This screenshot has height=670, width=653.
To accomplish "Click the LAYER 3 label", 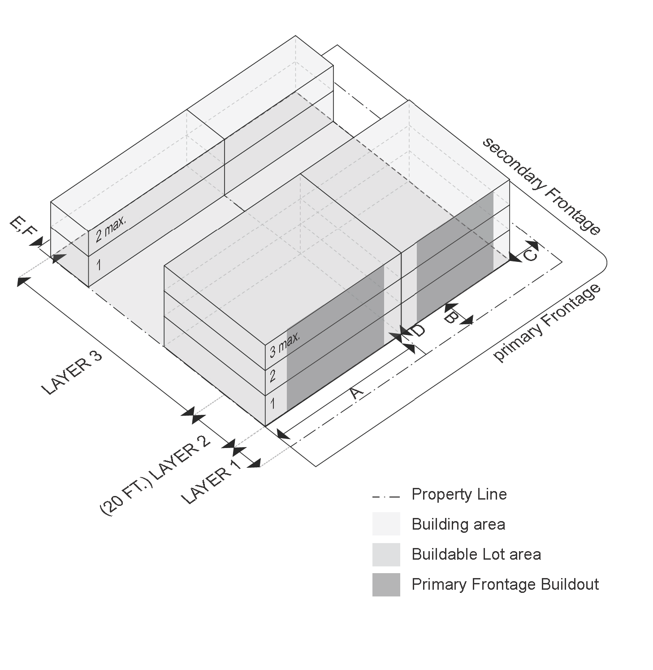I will (x=72, y=372).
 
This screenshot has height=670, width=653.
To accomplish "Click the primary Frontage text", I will (x=547, y=322).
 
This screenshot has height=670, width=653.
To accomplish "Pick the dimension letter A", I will (x=356, y=392).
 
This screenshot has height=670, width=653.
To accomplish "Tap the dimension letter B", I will (x=450, y=318).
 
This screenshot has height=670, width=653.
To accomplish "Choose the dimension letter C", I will (x=529, y=255).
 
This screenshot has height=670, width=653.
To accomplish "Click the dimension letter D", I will (x=418, y=331).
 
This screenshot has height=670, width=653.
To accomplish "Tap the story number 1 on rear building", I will (x=99, y=265).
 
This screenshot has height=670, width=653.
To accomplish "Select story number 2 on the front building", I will (x=272, y=376).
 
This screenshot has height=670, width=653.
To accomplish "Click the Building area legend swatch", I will (x=386, y=524).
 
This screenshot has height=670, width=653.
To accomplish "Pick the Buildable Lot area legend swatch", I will (x=386, y=554).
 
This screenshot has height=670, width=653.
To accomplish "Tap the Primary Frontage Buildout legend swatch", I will (x=386, y=584).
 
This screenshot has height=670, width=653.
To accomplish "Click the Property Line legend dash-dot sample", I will (x=385, y=497).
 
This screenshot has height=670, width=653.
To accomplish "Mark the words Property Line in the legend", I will (x=459, y=494).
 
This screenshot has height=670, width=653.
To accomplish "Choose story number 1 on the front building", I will (x=272, y=404).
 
